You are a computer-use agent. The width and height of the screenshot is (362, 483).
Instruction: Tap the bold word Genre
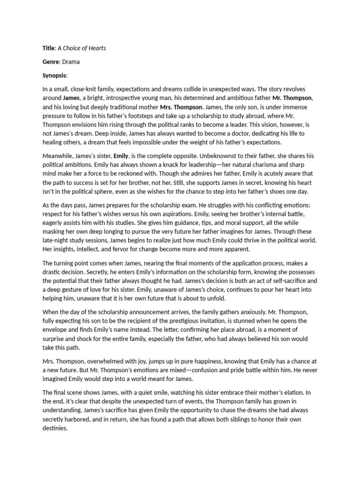tap(50, 62)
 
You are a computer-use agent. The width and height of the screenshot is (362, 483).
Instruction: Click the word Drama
tap(71, 62)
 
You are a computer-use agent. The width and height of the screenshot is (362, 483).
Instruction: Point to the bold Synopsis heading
tap(55, 75)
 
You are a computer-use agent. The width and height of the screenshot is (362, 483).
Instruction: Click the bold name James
tap(70, 98)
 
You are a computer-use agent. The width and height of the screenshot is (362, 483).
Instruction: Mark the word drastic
tap(55, 271)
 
